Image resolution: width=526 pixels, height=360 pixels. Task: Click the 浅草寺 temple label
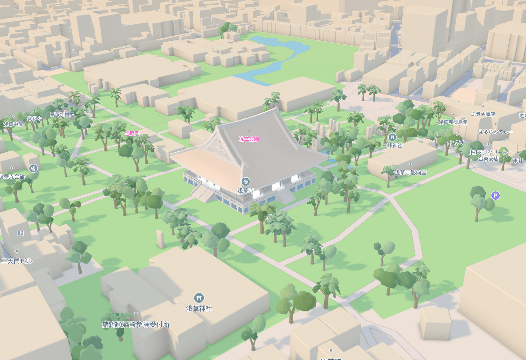pos(246,191)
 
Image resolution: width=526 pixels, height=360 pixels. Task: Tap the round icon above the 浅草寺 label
pos(246,182)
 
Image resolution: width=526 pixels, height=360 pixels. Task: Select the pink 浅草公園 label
pos(249,139)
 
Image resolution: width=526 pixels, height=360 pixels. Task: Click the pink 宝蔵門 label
pos(132,133)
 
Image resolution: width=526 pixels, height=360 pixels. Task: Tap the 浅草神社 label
pos(199,308)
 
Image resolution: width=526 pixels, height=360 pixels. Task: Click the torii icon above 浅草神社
pos(199,298)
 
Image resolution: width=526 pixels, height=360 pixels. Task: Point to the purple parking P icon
pos(495,196)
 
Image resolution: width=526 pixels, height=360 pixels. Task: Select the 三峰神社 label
pos(392,145)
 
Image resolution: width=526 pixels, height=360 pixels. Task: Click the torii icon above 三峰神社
pos(392,137)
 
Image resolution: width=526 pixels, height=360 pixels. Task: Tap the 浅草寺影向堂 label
pos(410,172)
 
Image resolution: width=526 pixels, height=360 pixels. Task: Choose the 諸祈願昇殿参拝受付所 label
pos(136,325)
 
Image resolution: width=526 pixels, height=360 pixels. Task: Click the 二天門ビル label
pos(17,261)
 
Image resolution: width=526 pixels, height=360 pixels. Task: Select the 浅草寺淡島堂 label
pos(453,122)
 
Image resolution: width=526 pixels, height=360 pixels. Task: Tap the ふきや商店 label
pos(483,114)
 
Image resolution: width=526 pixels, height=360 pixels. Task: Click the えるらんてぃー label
pos(495,132)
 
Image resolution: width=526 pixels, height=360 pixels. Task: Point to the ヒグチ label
pos(457,143)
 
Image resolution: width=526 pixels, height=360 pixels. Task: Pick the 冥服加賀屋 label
pos(62,115)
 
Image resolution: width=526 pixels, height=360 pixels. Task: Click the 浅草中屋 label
pos(13,124)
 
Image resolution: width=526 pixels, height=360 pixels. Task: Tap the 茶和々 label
pos(35,119)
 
